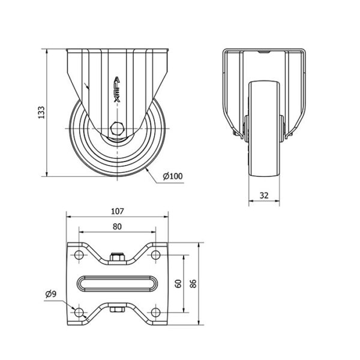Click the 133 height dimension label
point(41,112)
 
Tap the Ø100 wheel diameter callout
point(173,176)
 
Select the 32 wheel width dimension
point(264,196)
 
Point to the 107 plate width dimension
point(118,211)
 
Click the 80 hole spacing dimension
point(117,227)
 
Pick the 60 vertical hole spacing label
point(178,284)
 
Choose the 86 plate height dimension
point(194,284)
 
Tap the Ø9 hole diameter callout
point(51,294)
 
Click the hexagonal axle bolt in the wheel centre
point(118,128)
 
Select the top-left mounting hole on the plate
point(79,255)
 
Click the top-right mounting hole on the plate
point(155,255)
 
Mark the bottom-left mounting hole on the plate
point(79,313)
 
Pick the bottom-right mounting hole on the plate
point(155,313)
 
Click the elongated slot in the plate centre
point(117,284)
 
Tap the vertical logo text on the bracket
point(117,89)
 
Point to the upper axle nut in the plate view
point(118,257)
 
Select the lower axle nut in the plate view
point(118,310)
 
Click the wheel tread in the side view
point(264,128)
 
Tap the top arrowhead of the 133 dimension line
point(47,52)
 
